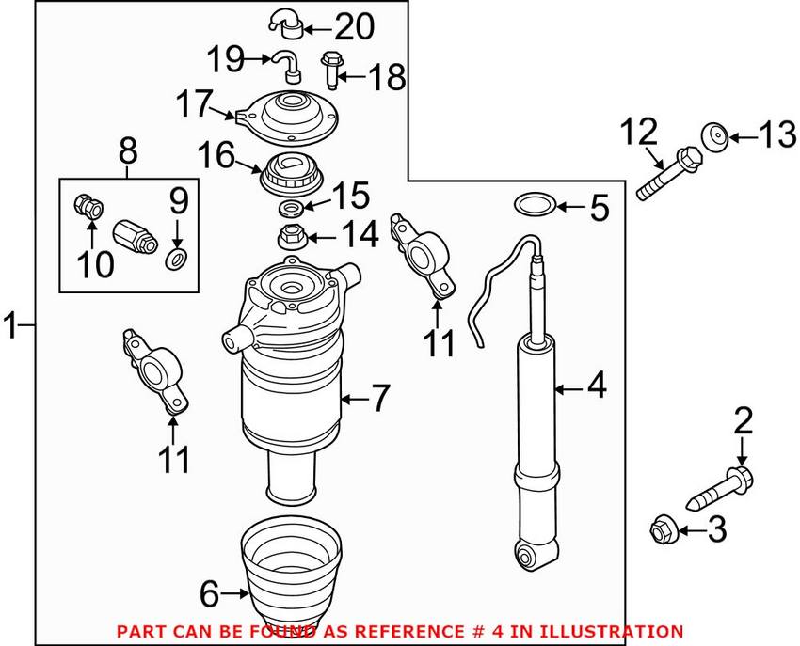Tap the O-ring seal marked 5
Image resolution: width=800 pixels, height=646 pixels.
click(532, 202)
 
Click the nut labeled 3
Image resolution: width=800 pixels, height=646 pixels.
click(662, 530)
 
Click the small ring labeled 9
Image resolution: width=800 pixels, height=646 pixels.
click(176, 258)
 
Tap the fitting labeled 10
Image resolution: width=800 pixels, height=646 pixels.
click(88, 205)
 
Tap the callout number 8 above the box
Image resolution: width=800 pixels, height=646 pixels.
click(128, 150)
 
